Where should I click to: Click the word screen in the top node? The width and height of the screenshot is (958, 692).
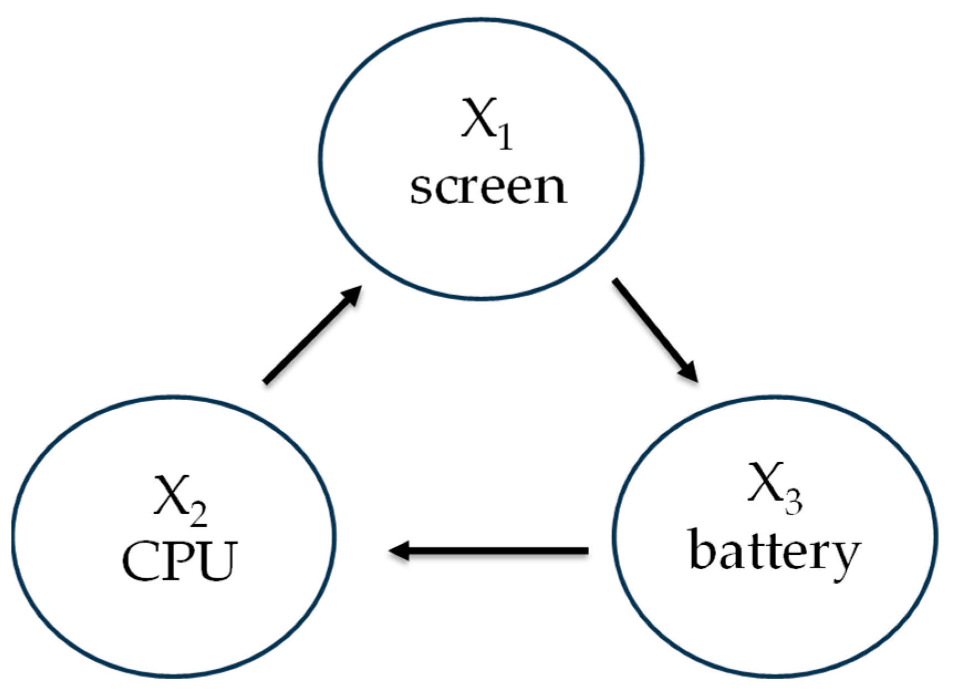(x=488, y=188)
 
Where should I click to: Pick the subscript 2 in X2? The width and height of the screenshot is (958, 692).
(x=199, y=514)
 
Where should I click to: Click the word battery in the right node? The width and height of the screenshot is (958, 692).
(x=774, y=553)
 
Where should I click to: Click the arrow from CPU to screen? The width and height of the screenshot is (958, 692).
(x=313, y=335)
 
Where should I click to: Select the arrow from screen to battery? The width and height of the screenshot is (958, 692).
(x=655, y=330)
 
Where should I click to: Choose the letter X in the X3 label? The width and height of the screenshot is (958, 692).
(x=765, y=482)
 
